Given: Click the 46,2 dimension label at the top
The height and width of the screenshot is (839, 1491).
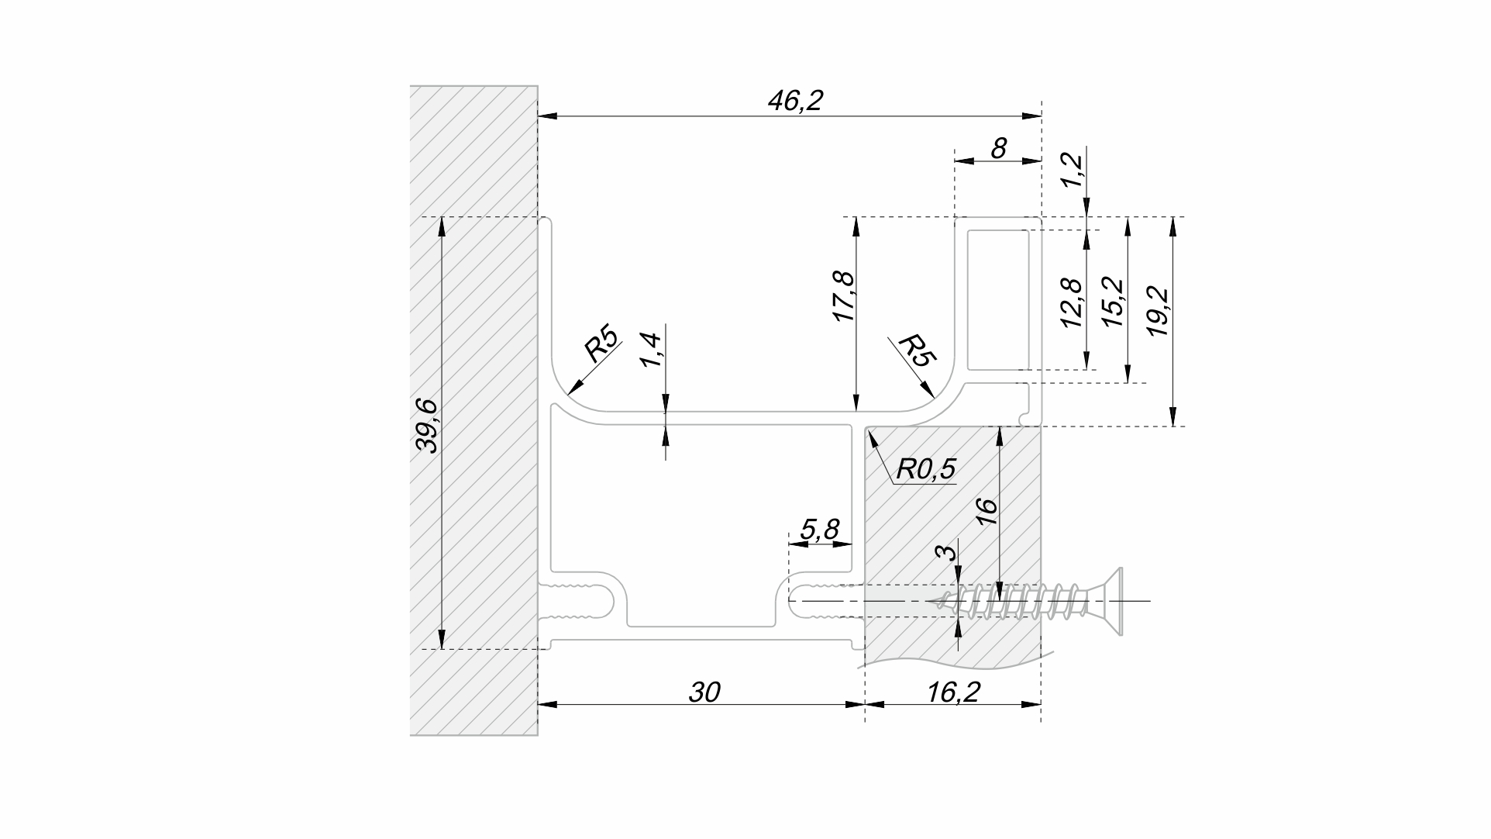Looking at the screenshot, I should [794, 101].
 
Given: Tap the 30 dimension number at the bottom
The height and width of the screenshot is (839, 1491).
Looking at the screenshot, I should [704, 692].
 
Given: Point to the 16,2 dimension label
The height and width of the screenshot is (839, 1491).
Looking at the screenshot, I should [953, 692].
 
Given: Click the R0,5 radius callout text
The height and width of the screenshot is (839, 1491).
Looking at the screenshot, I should [926, 468].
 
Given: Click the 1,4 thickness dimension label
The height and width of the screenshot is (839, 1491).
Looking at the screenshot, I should [651, 350].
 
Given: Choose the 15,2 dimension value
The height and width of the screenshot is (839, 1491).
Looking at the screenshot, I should [1114, 302].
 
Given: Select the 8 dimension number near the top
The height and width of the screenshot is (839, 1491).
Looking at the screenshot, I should [999, 147].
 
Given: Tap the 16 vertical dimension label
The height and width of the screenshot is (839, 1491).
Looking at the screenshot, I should [987, 512].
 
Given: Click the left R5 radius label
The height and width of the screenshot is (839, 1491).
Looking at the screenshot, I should [602, 346].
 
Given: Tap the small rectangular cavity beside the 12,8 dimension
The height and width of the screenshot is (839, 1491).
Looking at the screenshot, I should [999, 299].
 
